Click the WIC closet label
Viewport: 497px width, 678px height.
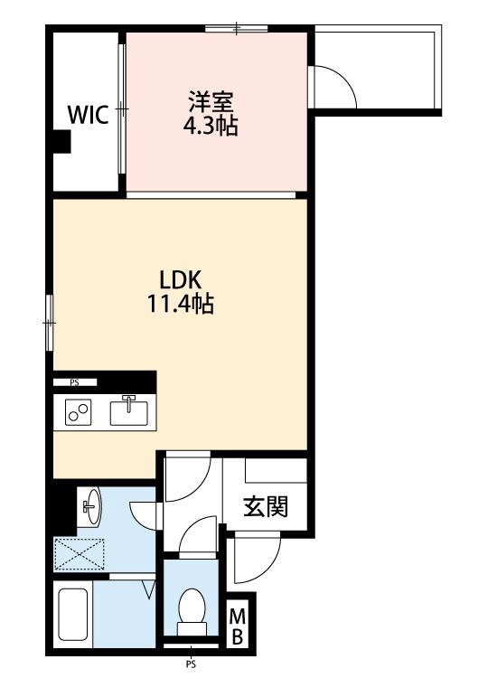[x=89, y=115]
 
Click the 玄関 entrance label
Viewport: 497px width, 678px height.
[x=265, y=507]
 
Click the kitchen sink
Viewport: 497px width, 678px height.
[x=128, y=411]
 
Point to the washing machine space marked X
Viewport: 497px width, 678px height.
[x=80, y=554]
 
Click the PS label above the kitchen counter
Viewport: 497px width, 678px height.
[x=74, y=382]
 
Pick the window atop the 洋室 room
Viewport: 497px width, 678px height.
[x=237, y=29]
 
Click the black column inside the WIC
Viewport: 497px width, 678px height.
[x=61, y=142]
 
